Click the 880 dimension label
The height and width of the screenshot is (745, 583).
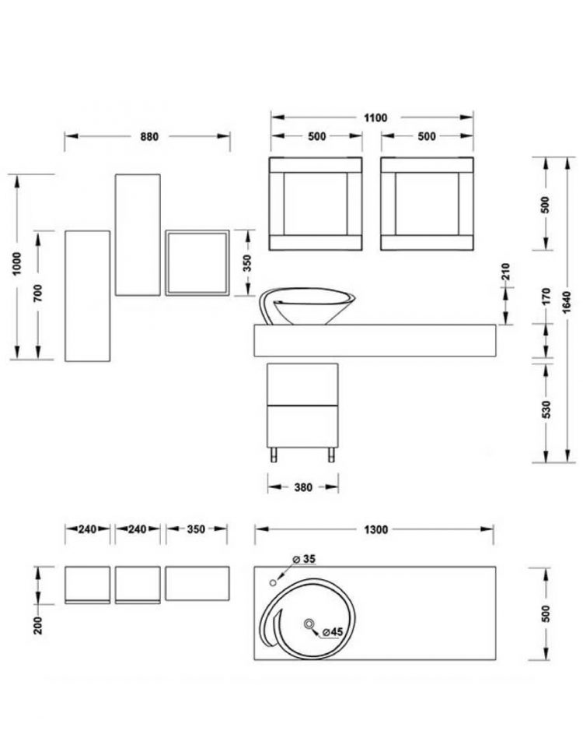pos(149,137)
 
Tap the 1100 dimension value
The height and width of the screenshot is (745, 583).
pos(375,118)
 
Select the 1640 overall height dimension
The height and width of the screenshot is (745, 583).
pos(567,302)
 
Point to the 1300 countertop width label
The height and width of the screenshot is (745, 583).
pos(375,529)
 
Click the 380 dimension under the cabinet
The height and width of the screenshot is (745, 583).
pos(303,487)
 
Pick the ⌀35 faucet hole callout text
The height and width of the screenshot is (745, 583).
pos(304,559)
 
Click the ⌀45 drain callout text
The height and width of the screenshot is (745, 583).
pos(332,632)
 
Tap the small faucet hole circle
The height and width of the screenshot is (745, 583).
pos(273,582)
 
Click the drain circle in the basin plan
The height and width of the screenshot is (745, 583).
pos(309,624)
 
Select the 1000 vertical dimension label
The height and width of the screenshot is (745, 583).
pos(16,263)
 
